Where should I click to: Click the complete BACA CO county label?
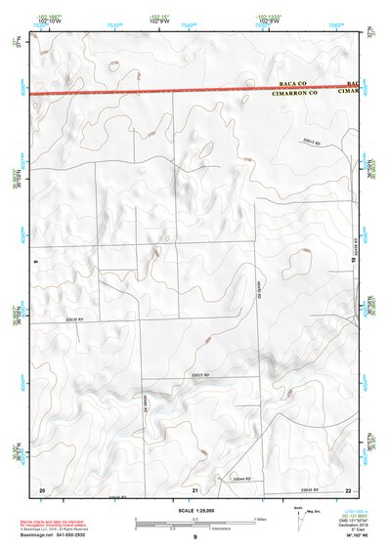point(293,85)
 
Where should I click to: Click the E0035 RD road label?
point(202,376)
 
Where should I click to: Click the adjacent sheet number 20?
point(41,489)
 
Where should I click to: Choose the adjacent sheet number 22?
point(348,489)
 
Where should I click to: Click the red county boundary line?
point(147,92)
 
